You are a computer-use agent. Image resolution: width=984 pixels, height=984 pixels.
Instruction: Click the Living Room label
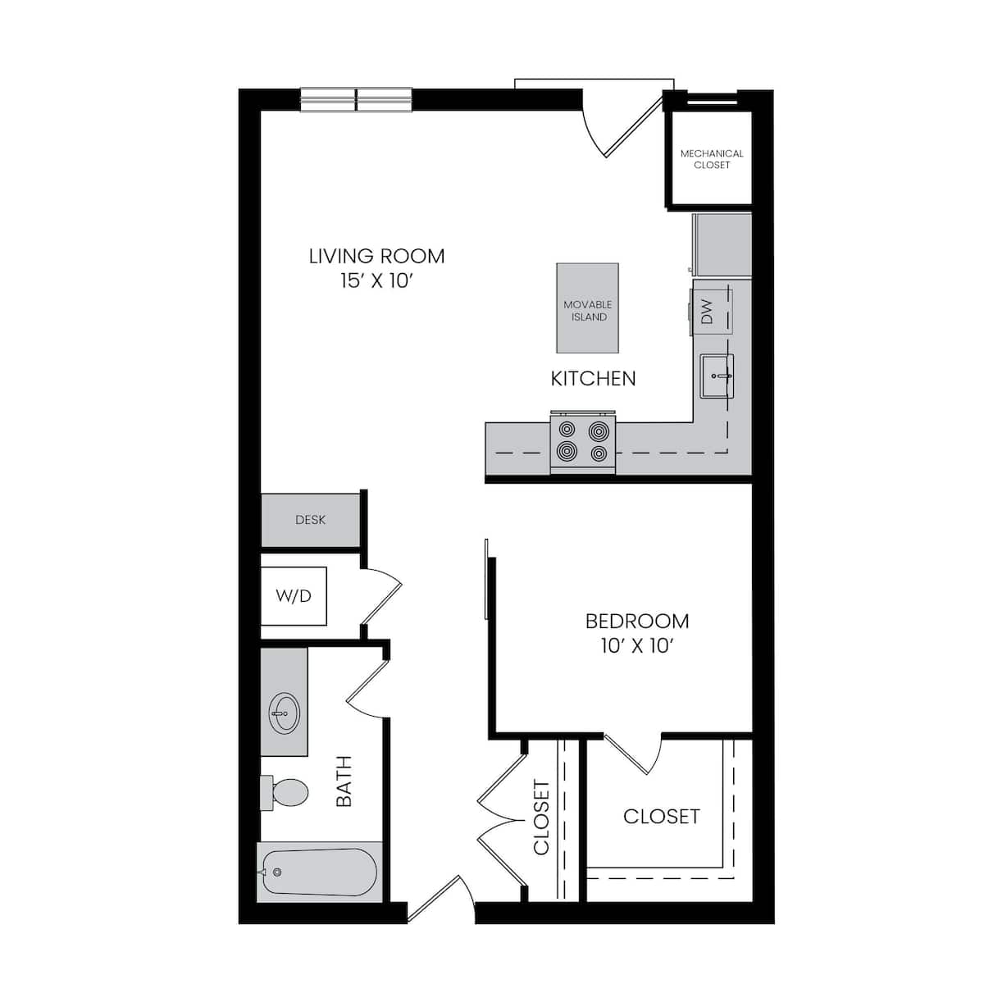[376, 256]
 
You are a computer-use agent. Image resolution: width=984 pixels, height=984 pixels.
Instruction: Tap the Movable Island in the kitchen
[588, 307]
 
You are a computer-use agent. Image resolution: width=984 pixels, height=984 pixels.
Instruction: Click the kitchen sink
[717, 376]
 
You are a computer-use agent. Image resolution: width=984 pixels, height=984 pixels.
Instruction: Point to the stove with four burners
[583, 443]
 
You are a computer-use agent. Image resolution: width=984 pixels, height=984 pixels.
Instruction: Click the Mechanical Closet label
[712, 159]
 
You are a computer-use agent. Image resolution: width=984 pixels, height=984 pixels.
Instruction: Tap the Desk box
[310, 520]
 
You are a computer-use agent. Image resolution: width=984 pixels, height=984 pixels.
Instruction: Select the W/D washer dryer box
[294, 596]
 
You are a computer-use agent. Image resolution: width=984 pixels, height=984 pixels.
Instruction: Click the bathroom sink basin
[284, 713]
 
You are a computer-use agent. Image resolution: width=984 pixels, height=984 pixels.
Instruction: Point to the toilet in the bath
[287, 792]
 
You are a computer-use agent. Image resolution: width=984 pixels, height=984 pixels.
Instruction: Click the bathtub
[320, 872]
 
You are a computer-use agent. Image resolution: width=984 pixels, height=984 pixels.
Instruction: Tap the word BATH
[344, 781]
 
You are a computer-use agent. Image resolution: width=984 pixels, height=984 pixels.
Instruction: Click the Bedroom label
[637, 621]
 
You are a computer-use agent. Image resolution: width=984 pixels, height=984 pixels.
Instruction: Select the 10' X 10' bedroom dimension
[637, 646]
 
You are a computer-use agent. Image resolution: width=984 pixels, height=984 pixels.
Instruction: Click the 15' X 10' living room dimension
[376, 281]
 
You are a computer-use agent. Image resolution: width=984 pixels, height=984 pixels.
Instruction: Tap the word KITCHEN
[593, 379]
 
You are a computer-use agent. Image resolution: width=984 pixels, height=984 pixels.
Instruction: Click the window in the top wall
[356, 100]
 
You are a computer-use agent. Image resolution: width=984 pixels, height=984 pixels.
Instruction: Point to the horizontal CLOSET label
[661, 817]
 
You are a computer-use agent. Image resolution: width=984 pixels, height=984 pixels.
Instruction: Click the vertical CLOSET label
[541, 817]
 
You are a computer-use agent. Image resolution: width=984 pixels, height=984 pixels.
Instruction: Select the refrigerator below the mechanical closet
[722, 244]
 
